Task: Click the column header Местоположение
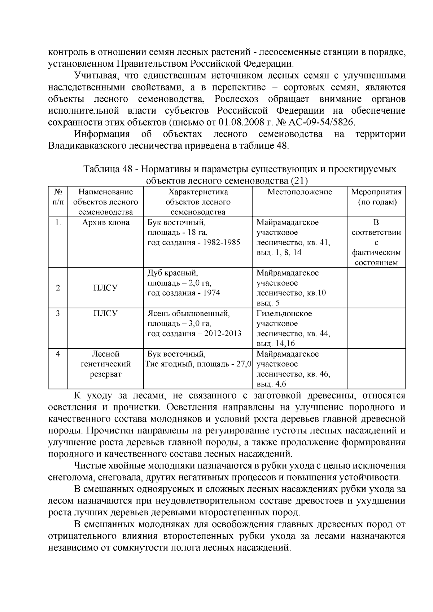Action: (x=299, y=192)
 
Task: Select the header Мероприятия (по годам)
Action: (x=376, y=197)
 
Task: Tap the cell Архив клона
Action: (x=106, y=223)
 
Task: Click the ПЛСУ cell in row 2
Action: (x=106, y=288)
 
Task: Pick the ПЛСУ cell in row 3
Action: (x=106, y=313)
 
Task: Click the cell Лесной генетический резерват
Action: (x=106, y=364)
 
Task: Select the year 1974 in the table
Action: (x=211, y=293)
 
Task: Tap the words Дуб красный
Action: (x=172, y=273)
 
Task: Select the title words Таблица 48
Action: (x=108, y=169)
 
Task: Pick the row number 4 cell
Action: (x=58, y=354)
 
